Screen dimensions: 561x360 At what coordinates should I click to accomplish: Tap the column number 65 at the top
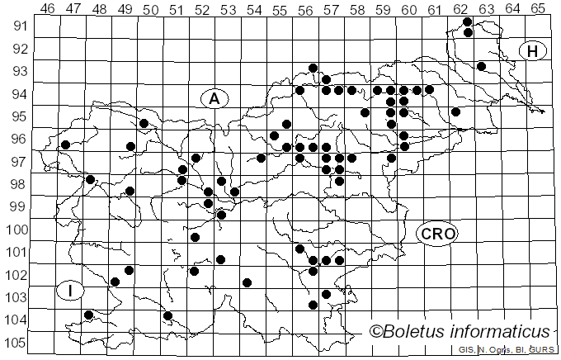[x=538, y=8]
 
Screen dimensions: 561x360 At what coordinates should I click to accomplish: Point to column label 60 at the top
[x=408, y=8]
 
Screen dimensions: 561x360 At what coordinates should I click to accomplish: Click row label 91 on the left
[x=16, y=26]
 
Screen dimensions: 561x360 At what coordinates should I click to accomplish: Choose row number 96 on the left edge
[x=16, y=139]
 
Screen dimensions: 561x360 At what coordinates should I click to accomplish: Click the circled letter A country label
[x=214, y=98]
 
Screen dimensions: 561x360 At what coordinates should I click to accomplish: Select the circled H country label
[x=533, y=51]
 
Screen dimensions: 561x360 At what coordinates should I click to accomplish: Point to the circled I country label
[x=71, y=291]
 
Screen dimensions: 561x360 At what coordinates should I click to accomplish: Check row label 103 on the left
[x=16, y=297]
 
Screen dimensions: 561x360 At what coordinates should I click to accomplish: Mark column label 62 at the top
[x=460, y=8]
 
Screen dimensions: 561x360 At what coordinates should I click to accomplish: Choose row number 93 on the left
[x=16, y=71]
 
